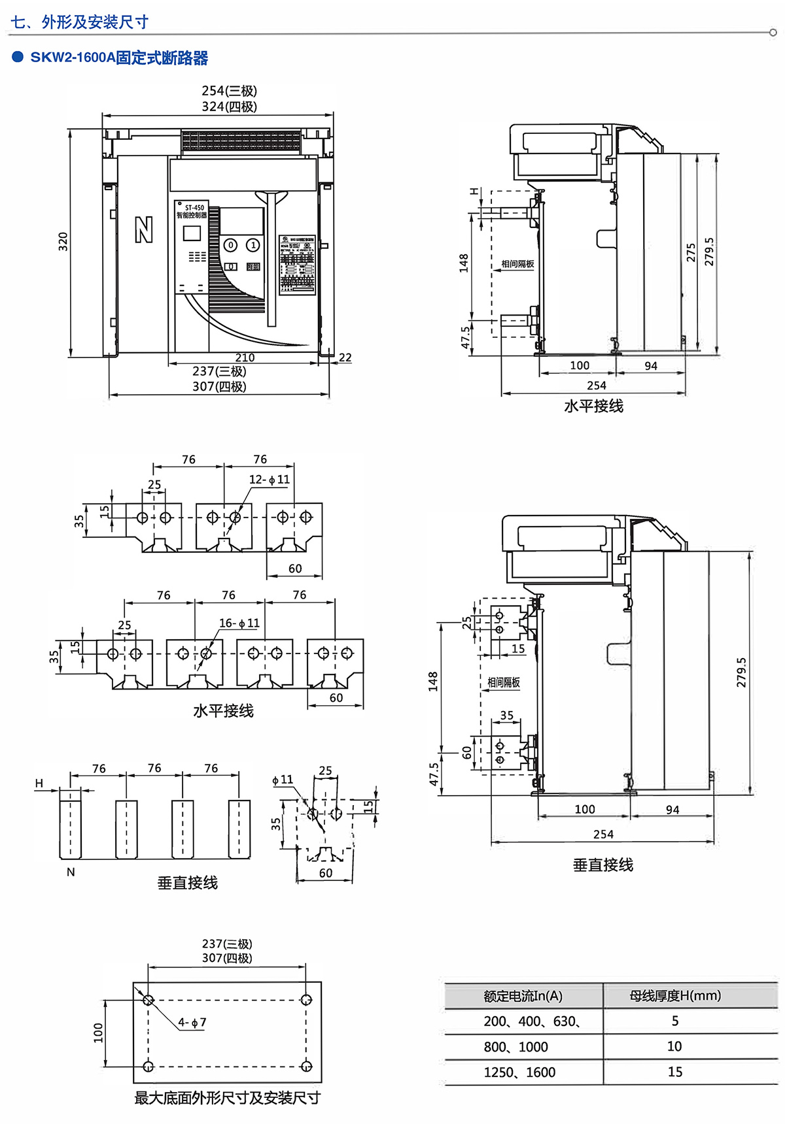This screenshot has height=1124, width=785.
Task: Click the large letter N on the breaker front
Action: point(144,229)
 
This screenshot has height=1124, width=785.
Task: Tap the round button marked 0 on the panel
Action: point(230,245)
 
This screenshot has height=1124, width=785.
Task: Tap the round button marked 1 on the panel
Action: point(253,245)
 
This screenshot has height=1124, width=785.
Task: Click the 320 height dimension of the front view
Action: point(63,241)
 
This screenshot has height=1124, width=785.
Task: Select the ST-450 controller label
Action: point(194,208)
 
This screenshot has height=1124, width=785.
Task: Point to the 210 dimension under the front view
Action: point(245,357)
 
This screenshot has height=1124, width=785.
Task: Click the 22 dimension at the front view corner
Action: point(345,357)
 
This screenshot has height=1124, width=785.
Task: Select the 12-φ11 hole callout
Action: point(269,479)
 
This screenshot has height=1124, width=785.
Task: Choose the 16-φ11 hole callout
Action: point(239,623)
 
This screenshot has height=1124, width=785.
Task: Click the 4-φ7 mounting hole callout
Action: point(192,1022)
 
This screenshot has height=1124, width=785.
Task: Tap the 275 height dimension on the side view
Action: point(691,253)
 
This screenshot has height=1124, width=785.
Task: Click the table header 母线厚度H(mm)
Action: point(674,995)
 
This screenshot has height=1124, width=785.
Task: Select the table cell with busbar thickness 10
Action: point(674,1046)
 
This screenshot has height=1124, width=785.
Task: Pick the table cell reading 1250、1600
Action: point(519,1072)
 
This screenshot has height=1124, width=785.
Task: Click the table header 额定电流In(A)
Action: point(523,996)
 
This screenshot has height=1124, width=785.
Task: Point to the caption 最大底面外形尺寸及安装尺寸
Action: point(227,1098)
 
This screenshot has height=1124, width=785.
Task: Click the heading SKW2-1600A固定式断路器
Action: point(119,58)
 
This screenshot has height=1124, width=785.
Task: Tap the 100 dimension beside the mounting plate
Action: point(98,1033)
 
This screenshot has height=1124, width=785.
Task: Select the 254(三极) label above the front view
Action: point(229,91)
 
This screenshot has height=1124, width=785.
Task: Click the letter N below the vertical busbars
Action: point(71,872)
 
